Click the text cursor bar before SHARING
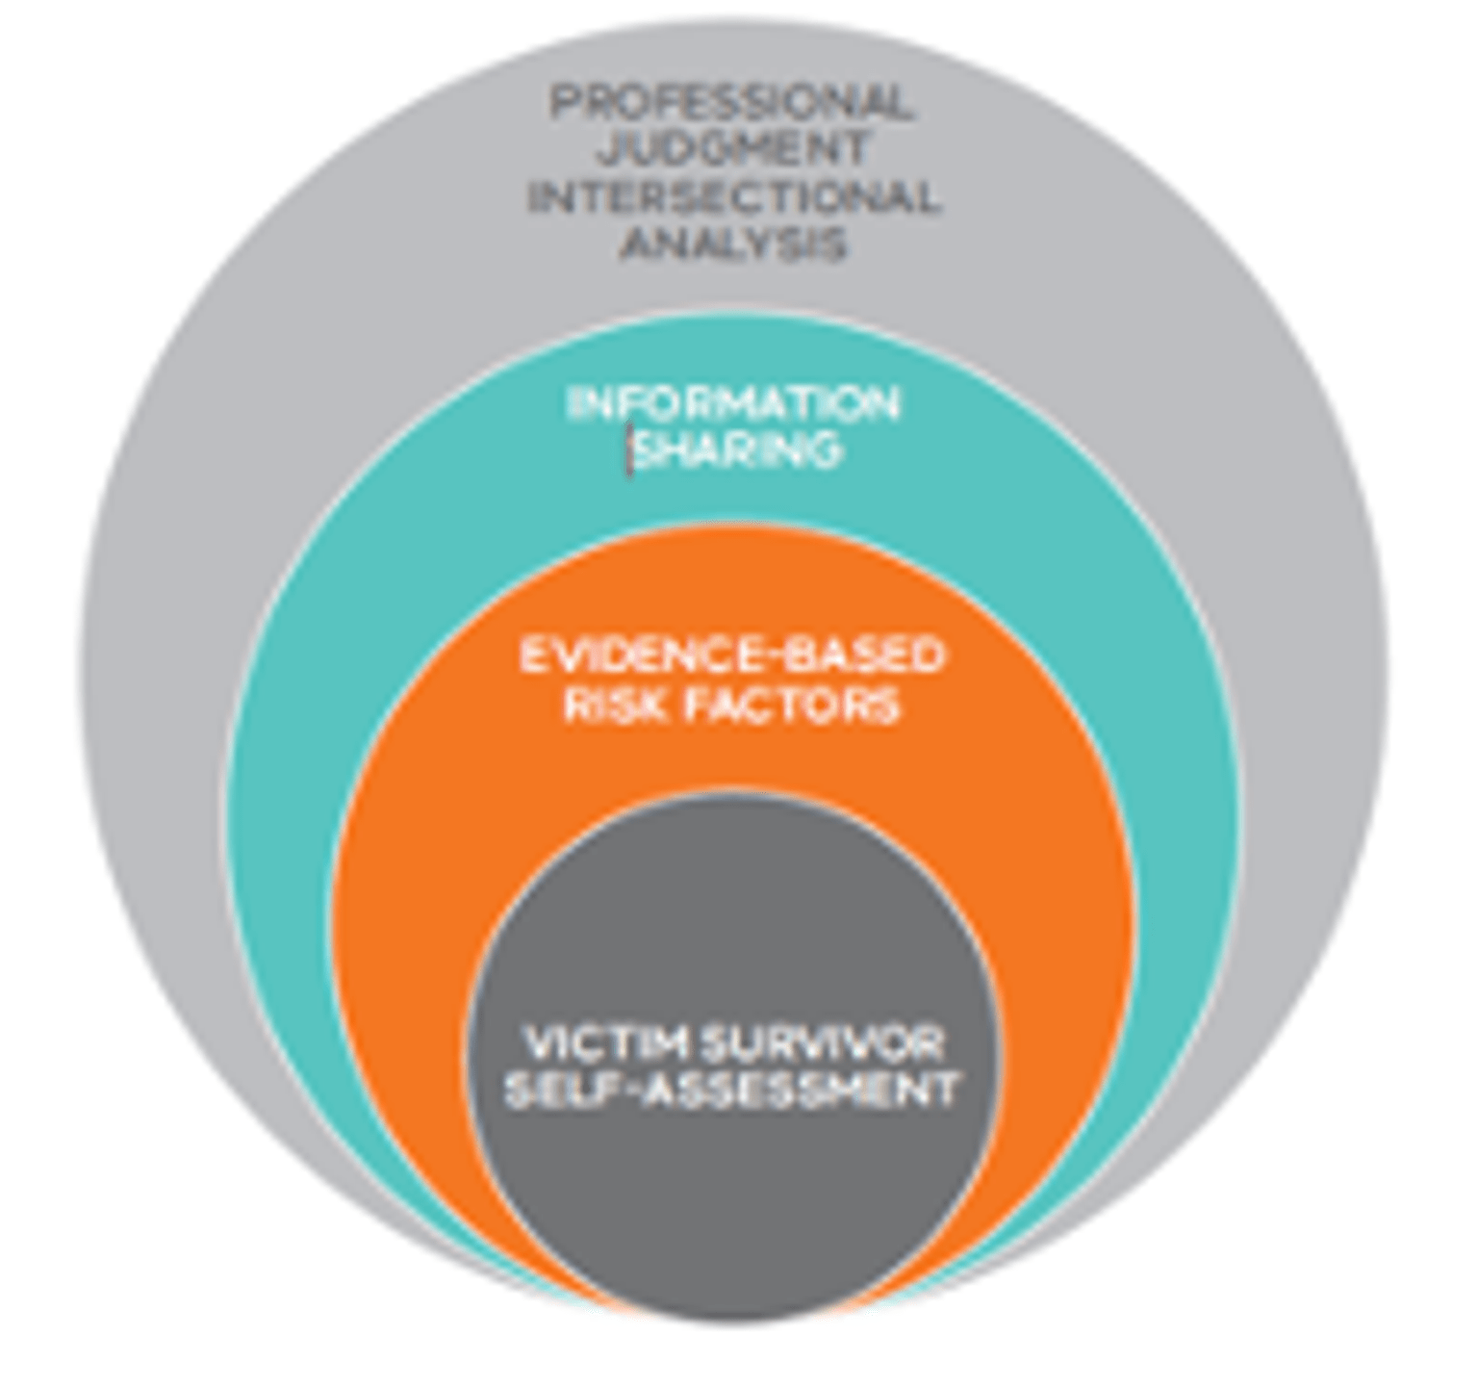tap(631, 451)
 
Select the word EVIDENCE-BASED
tap(731, 657)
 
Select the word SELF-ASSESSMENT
tap(731, 1092)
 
